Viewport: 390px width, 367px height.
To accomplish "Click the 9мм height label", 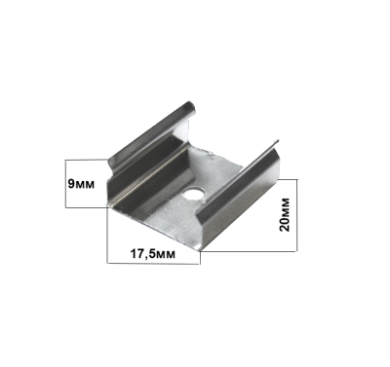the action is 81,184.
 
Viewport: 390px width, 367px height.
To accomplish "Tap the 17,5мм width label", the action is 153,254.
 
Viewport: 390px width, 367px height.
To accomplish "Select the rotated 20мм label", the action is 285,214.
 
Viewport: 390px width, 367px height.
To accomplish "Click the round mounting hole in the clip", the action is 193,194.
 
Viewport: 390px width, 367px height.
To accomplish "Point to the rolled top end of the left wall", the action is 189,108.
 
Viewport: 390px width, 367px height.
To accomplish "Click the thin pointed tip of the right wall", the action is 276,141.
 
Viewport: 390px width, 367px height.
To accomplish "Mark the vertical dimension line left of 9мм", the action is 65,183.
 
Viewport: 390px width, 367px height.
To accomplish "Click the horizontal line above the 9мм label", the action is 86,160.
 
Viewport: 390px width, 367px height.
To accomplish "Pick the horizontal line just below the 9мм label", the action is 87,207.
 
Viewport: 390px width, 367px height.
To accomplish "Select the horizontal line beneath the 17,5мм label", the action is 153,263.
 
